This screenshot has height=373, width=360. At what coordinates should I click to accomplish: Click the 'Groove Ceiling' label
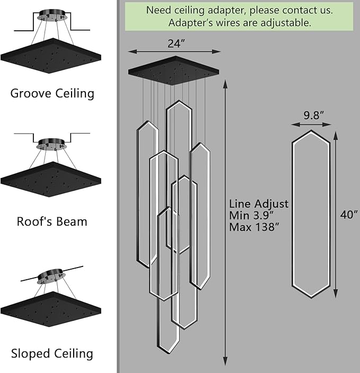[x=52, y=93]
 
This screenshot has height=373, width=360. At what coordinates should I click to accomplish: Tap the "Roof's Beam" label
[x=52, y=221]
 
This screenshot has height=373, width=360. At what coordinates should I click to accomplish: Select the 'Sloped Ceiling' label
[x=52, y=353]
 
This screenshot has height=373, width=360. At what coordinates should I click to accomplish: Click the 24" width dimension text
[x=176, y=43]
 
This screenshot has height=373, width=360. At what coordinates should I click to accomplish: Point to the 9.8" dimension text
[x=313, y=116]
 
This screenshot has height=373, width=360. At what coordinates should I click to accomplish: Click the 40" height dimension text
[x=349, y=215]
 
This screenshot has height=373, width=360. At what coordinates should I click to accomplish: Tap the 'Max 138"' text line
[x=254, y=227]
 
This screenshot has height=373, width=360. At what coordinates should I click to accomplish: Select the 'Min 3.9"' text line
[x=251, y=215]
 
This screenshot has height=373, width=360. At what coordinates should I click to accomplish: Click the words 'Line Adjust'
[x=259, y=204]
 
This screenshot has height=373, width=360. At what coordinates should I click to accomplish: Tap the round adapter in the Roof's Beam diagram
[x=51, y=144]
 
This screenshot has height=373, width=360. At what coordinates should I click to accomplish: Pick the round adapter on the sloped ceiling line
[x=51, y=276]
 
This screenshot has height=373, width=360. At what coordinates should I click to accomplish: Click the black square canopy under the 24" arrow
[x=173, y=70]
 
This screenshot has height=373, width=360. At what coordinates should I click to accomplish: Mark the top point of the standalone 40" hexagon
[x=311, y=130]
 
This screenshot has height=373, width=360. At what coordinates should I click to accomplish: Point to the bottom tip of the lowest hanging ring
[x=168, y=354]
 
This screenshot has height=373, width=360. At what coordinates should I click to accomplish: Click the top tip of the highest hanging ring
[x=179, y=100]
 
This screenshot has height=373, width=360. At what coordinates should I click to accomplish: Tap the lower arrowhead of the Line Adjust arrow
[x=225, y=361]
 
